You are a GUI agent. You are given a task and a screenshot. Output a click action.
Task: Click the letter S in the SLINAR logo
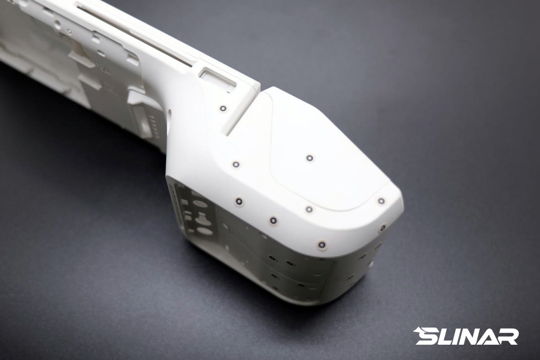pyautogui.click(x=428, y=336)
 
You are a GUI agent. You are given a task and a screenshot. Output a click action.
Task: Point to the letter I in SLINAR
pyautogui.click(x=460, y=336)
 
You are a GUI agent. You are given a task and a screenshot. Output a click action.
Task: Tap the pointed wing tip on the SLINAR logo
pyautogui.click(x=414, y=331)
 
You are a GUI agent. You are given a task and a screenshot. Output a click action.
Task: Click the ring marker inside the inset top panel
pyautogui.click(x=310, y=158)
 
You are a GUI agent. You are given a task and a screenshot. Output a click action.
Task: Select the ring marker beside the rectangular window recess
pyautogui.click(x=223, y=108)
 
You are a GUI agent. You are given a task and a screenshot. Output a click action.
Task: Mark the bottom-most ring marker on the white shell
pyautogui.click(x=322, y=245)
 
